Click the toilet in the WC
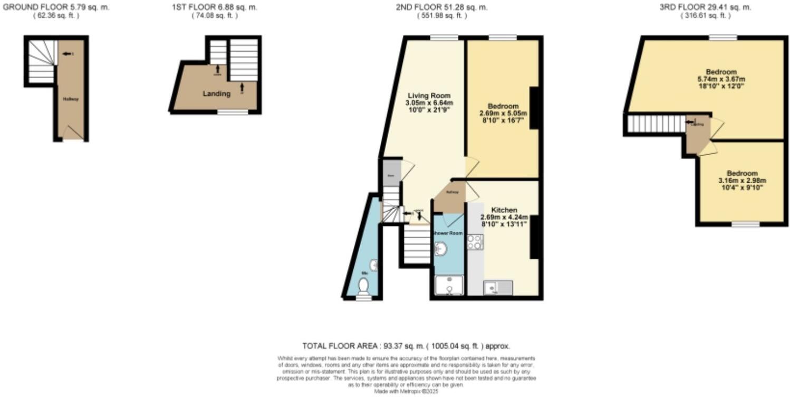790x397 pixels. [x=363, y=287]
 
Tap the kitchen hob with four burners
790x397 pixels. [x=475, y=242]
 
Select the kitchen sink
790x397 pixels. [x=497, y=288]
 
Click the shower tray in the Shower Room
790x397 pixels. [x=448, y=286]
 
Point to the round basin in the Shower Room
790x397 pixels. [x=439, y=248]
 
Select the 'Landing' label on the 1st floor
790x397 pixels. [x=217, y=94]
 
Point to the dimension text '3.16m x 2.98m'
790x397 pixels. [x=742, y=181]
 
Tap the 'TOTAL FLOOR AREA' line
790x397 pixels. [x=406, y=346]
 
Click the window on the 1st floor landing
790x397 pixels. [x=233, y=112]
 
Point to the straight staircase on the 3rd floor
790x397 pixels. [x=656, y=125]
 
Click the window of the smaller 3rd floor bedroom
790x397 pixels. [x=745, y=224]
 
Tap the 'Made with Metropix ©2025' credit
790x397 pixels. [x=406, y=392]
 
